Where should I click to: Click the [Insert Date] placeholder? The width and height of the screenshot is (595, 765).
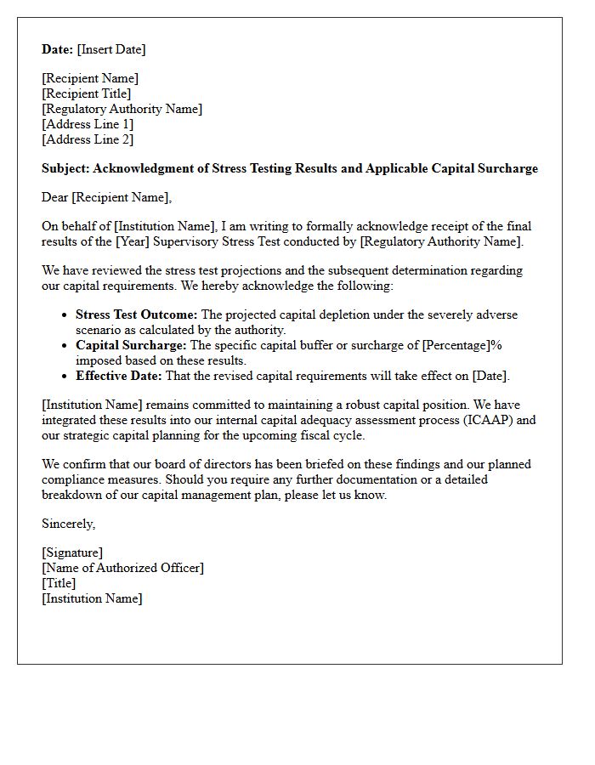(111, 49)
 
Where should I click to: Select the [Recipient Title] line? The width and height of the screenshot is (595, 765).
(86, 93)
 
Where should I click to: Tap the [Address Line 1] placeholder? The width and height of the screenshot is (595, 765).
(88, 124)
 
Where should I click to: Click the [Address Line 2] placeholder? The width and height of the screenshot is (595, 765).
(88, 139)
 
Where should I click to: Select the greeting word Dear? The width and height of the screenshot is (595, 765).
(55, 197)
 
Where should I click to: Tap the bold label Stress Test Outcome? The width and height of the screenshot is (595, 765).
(136, 314)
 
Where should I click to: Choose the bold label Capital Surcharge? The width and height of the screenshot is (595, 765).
(131, 345)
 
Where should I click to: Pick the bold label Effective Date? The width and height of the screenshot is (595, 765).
(119, 376)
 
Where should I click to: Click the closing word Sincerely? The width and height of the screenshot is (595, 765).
(68, 524)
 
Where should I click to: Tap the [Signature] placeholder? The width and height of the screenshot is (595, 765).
(72, 552)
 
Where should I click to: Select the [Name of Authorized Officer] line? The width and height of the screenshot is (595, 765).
(122, 568)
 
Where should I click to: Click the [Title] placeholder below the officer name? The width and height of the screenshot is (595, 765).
(59, 583)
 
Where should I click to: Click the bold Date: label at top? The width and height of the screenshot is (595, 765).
(58, 49)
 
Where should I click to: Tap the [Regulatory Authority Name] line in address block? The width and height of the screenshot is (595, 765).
(122, 109)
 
